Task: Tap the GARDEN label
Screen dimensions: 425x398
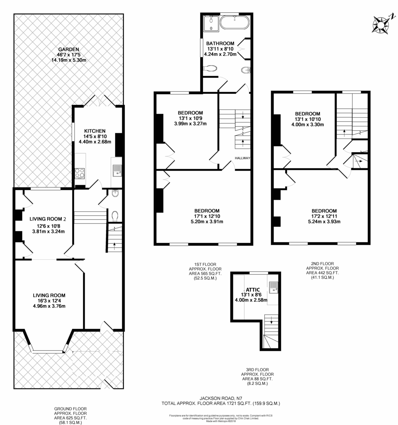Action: (x=69, y=49)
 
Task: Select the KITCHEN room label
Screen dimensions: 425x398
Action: (x=95, y=131)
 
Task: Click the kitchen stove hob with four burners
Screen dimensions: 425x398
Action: (x=79, y=174)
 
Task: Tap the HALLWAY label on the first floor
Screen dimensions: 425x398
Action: (x=242, y=158)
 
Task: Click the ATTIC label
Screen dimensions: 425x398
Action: (x=253, y=289)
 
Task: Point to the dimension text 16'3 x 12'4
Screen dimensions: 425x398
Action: (x=49, y=301)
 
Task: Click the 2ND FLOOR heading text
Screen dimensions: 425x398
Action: (x=322, y=264)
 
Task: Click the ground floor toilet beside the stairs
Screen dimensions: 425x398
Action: (x=114, y=216)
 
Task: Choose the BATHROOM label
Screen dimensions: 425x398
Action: (x=220, y=44)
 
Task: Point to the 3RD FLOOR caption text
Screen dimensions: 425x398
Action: (x=257, y=369)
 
